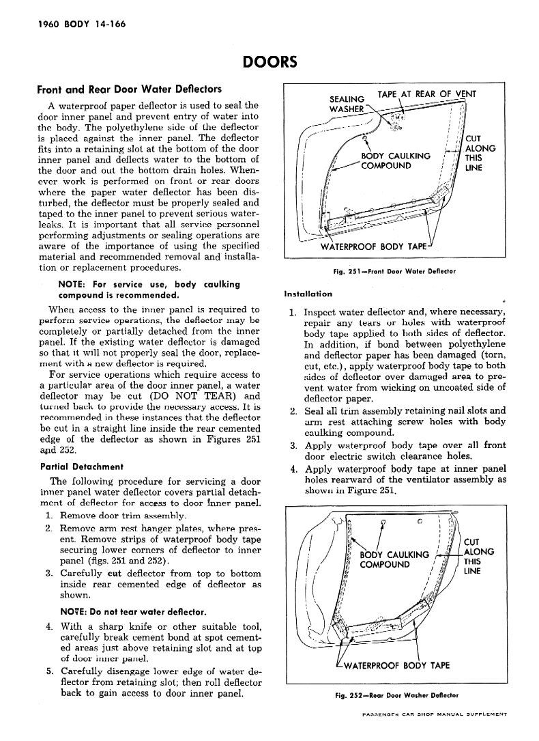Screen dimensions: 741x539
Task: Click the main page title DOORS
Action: coord(269,63)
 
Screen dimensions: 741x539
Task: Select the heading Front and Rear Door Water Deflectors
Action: coord(129,89)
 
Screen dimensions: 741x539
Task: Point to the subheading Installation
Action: coord(308,294)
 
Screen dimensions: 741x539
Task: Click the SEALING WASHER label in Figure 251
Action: coord(347,104)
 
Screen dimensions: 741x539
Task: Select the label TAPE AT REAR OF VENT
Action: coord(426,94)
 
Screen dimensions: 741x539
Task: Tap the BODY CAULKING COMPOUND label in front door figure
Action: coord(396,160)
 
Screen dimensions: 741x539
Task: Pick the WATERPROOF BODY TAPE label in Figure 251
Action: coord(374,247)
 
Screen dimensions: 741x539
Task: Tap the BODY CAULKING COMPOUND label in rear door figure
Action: coord(394,559)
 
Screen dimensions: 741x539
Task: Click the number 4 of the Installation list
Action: coord(291,469)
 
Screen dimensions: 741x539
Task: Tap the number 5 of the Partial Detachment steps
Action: coord(50,671)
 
